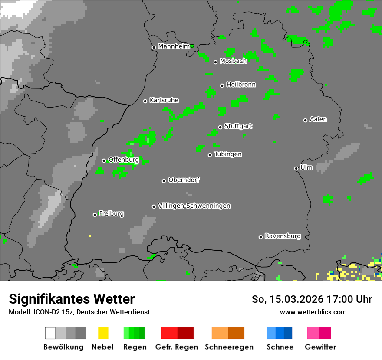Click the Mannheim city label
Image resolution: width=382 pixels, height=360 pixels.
174,46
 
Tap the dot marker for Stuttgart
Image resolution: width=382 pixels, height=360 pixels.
220,127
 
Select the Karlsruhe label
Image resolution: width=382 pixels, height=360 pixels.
164,100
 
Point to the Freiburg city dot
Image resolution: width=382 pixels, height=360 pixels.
95,215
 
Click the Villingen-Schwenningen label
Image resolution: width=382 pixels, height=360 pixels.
194,206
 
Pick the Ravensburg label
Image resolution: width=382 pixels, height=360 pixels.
283,236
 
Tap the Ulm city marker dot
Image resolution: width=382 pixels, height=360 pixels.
296,168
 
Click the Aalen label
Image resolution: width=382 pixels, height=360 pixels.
318,119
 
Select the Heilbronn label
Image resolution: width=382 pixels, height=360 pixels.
241,85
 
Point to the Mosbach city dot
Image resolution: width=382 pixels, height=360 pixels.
215,62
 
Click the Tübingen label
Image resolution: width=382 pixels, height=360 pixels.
228,154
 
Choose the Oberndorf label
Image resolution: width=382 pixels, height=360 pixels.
184,180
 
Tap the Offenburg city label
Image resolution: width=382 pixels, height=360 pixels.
123,160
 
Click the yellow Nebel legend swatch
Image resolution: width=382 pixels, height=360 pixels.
103,333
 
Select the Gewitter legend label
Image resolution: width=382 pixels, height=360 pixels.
320,347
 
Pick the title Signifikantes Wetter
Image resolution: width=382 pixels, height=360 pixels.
72,299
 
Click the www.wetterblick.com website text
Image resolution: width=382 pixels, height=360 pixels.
313,312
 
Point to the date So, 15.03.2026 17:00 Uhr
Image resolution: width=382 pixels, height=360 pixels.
312,299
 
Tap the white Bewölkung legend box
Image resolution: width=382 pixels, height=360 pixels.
50,333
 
